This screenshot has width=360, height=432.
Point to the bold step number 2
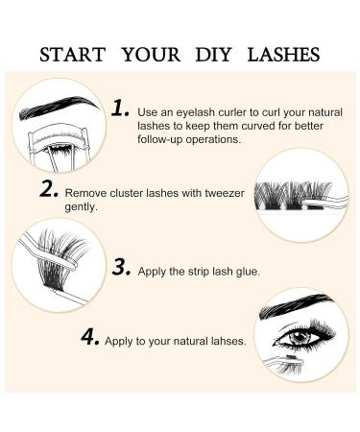pyautogui.click(x=50, y=189)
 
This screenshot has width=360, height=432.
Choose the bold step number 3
pyautogui.click(x=121, y=267)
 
